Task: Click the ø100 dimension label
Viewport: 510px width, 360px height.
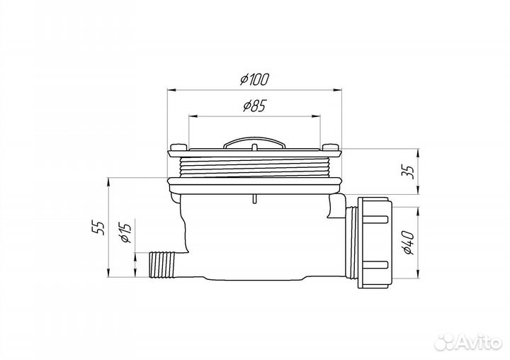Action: pyautogui.click(x=254, y=80)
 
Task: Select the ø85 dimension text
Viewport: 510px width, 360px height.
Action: pyautogui.click(x=254, y=106)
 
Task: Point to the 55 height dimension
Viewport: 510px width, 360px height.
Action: pyautogui.click(x=100, y=227)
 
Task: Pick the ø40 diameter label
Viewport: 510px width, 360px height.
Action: pyautogui.click(x=407, y=242)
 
